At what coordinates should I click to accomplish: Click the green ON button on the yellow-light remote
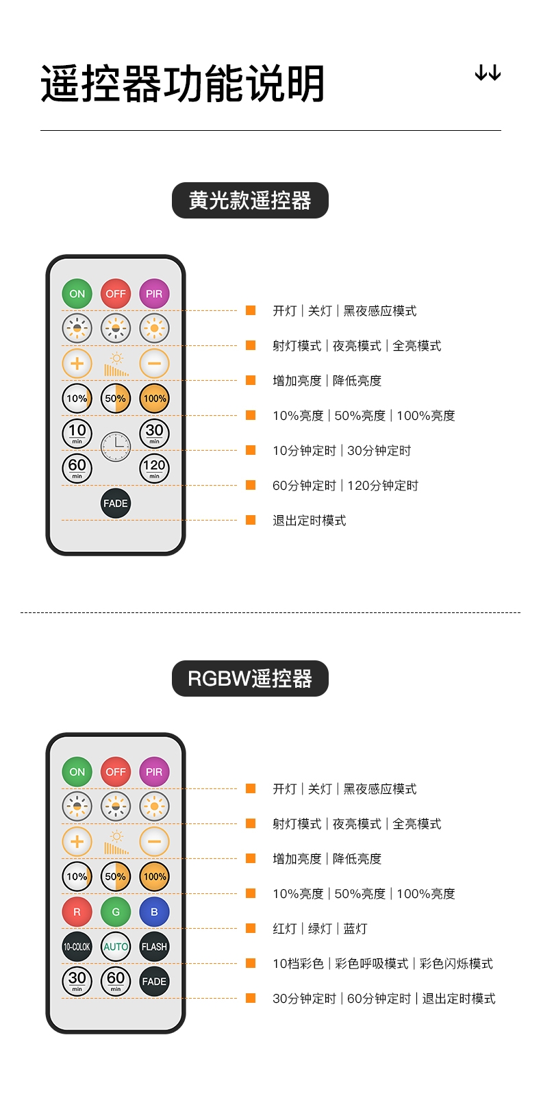point(77,294)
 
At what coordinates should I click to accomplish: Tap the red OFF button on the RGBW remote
point(116,772)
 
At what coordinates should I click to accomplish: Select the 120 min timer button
point(154,469)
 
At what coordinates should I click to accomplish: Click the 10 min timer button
point(77,433)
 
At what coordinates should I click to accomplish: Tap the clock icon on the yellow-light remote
point(116,447)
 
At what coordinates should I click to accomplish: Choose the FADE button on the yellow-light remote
point(116,503)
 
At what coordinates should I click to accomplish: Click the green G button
point(116,912)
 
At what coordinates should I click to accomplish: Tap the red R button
point(77,912)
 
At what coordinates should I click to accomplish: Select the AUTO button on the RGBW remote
point(116,947)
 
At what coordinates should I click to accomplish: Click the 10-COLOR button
point(77,947)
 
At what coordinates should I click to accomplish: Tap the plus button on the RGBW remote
point(77,841)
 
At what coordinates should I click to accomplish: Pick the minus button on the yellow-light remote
point(154,363)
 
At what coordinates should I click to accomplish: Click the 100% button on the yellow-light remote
point(154,399)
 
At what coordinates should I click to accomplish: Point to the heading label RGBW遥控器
point(250,679)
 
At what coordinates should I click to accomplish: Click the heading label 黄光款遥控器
point(250,201)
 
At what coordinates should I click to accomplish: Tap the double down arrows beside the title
point(488,73)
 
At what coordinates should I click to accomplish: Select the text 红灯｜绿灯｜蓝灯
point(320,929)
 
